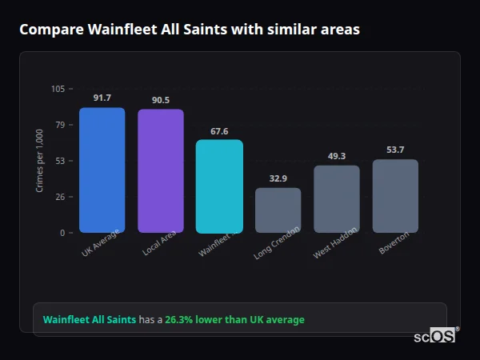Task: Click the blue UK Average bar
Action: coord(102,170)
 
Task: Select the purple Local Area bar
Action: coord(160,170)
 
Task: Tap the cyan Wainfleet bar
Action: coord(219,186)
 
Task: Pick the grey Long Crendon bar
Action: coord(278,210)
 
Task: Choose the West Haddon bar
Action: coord(337,198)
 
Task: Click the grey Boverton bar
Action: coord(395,196)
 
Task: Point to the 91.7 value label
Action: coord(102,98)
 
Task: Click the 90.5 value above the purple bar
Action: coord(160,100)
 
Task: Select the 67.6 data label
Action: coord(219,130)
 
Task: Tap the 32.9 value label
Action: coord(278,178)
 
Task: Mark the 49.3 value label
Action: coord(337,156)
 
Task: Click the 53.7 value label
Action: coord(395,150)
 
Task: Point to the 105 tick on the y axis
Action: coord(58,89)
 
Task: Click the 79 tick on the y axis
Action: coord(60,125)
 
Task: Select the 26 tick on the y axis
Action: coord(60,197)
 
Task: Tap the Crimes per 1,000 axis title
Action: coord(40,161)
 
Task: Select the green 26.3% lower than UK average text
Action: coord(234,320)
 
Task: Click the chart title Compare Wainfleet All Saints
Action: coord(189,30)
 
